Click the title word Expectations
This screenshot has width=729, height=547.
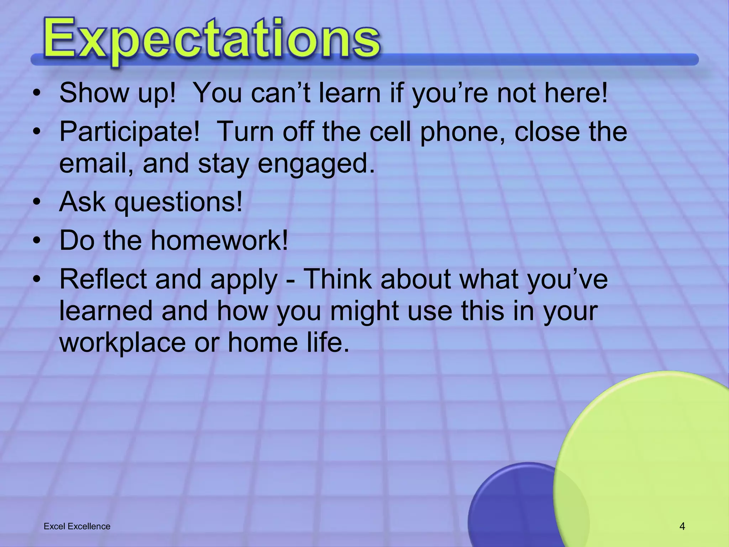(212, 39)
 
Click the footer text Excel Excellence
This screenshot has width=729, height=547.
(77, 526)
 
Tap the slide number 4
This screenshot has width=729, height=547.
(682, 526)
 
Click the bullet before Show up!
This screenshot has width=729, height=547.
(36, 94)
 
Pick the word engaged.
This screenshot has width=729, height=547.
(316, 164)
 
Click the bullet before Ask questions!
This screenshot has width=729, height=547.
(36, 203)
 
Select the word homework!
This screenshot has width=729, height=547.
(219, 240)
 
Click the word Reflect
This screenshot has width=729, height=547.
(103, 279)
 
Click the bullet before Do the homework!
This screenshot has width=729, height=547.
(36, 241)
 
